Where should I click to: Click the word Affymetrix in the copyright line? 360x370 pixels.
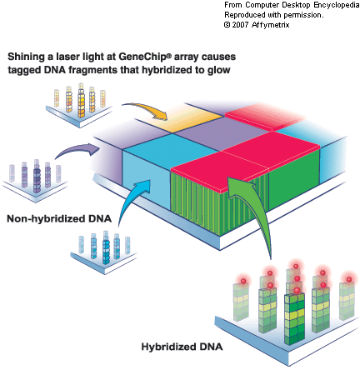(x=271, y=25)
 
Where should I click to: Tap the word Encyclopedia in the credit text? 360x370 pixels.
(x=337, y=5)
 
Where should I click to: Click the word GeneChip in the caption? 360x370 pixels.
(x=142, y=57)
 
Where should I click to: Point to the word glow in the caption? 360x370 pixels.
(x=218, y=70)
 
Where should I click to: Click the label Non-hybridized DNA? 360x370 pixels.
(x=59, y=218)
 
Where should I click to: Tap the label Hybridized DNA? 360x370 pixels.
(x=182, y=347)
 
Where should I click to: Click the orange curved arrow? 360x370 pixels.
(x=147, y=107)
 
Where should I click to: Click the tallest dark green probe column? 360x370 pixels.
(x=294, y=318)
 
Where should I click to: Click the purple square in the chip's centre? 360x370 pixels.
(x=222, y=133)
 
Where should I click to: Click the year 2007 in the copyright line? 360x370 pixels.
(x=241, y=25)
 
